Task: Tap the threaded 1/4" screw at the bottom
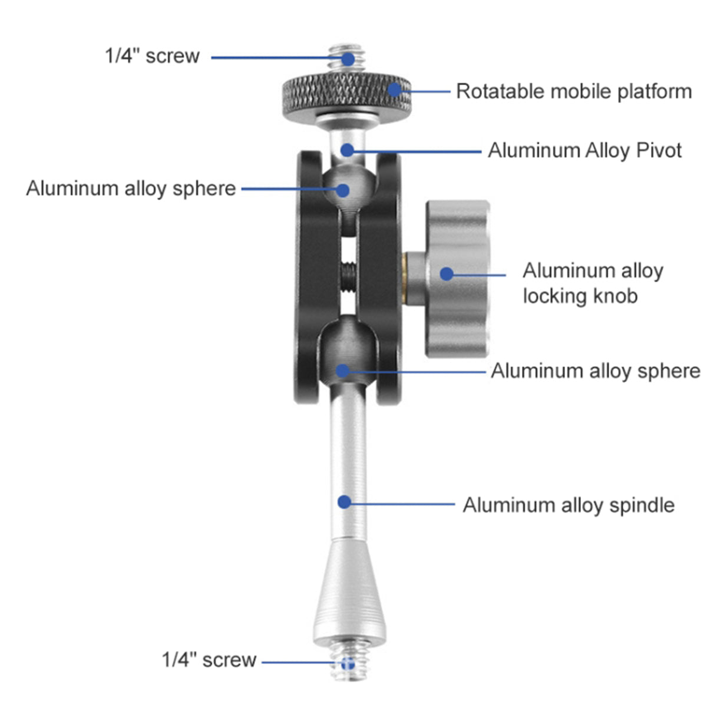(x=348, y=663)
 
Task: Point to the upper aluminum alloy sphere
(x=349, y=187)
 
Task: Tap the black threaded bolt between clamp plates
(x=348, y=277)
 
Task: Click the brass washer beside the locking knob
(x=404, y=278)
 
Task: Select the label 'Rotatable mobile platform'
(x=574, y=91)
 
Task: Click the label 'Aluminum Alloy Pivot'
(x=584, y=150)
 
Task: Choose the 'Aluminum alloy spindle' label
(x=569, y=505)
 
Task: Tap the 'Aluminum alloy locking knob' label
(x=593, y=283)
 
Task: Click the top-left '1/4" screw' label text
(x=152, y=56)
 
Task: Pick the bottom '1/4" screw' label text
(x=209, y=660)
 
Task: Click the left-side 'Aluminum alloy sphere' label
(x=131, y=189)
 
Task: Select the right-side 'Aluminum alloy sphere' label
(x=596, y=371)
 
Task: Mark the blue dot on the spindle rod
(x=344, y=502)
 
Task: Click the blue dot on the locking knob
(x=447, y=274)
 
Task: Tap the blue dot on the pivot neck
(x=347, y=150)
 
